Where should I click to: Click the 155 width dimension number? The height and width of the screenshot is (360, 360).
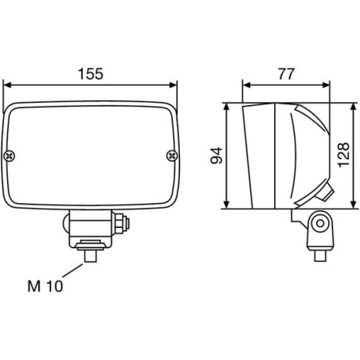[x=91, y=74]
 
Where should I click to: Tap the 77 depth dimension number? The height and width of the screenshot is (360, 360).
[x=286, y=74]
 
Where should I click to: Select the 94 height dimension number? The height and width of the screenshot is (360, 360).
[x=217, y=155]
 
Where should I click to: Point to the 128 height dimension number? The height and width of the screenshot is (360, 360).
[x=343, y=155]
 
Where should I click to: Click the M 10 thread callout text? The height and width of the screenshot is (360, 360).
[x=45, y=286]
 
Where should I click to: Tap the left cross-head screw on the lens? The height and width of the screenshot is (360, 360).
[x=10, y=156]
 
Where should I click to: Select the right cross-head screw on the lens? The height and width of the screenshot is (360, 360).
[x=172, y=156]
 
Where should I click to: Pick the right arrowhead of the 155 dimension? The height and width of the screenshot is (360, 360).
[x=173, y=85]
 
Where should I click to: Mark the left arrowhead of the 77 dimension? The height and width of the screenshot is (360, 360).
[x=247, y=85]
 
